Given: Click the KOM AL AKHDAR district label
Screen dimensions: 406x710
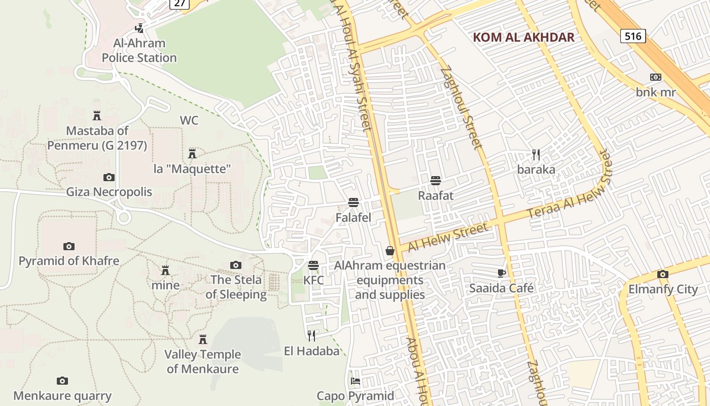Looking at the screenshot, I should click(523, 37).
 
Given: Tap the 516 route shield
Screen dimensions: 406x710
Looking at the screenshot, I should click(633, 36).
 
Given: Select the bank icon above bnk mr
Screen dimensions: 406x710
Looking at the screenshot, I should click(655, 77).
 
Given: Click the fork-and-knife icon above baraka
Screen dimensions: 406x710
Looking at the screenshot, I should click(536, 154).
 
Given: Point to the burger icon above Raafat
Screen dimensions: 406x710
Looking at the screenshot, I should click(435, 180).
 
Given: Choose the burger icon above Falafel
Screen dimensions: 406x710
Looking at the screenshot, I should click(353, 202).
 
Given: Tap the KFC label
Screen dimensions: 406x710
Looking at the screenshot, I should click(313, 280).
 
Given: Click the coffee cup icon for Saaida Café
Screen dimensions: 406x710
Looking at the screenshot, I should click(502, 273).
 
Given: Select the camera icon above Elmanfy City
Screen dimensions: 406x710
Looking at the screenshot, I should click(662, 275).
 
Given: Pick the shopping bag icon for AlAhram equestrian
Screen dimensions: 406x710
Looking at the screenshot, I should click(390, 250).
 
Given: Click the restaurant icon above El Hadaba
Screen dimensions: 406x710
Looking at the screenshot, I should click(311, 335).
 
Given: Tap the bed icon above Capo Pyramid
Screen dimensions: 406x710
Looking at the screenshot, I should click(356, 381).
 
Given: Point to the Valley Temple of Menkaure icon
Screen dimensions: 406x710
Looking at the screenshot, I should click(203, 339).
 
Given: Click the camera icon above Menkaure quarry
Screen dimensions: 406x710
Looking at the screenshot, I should click(62, 381).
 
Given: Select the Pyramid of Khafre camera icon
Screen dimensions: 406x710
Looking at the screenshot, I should click(69, 246).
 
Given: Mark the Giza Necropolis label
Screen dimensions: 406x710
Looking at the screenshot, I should click(109, 192).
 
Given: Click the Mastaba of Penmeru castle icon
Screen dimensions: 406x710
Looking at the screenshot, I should click(97, 116).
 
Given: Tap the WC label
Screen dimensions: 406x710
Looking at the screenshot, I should click(189, 121).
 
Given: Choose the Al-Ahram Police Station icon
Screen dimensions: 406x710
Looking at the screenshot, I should click(139, 28).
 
